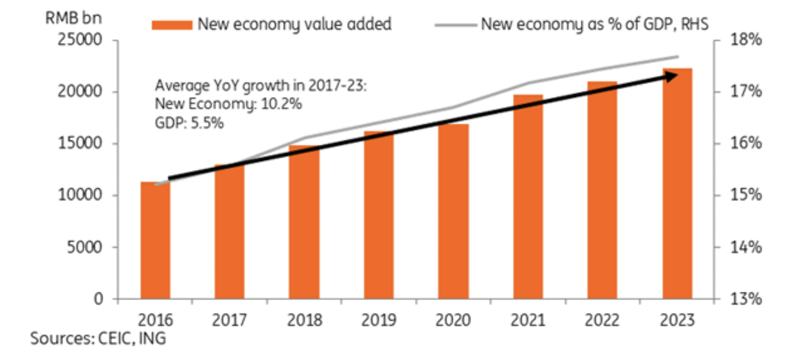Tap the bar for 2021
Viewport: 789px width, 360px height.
pyautogui.click(x=528, y=197)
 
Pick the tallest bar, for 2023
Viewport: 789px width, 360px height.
pyautogui.click(x=677, y=183)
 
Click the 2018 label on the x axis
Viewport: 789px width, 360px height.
pyautogui.click(x=304, y=321)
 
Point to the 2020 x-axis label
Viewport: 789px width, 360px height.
pyautogui.click(x=453, y=321)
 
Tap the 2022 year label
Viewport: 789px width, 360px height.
pyautogui.click(x=603, y=321)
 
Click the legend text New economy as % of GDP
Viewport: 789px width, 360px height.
pyautogui.click(x=595, y=24)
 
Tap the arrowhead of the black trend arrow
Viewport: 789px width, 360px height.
pyautogui.click(x=672, y=76)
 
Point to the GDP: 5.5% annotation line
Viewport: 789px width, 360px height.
pyautogui.click(x=189, y=123)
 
